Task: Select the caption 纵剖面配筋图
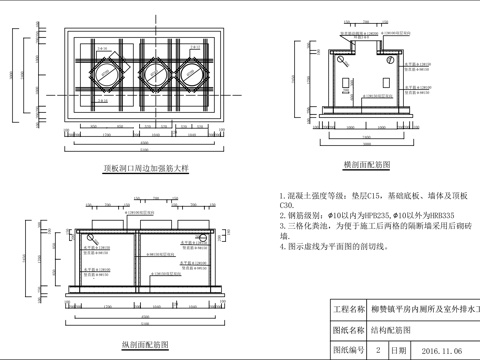(142, 344)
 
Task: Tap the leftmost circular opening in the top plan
(108, 73)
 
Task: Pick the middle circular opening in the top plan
(155, 73)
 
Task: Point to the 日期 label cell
(399, 351)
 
